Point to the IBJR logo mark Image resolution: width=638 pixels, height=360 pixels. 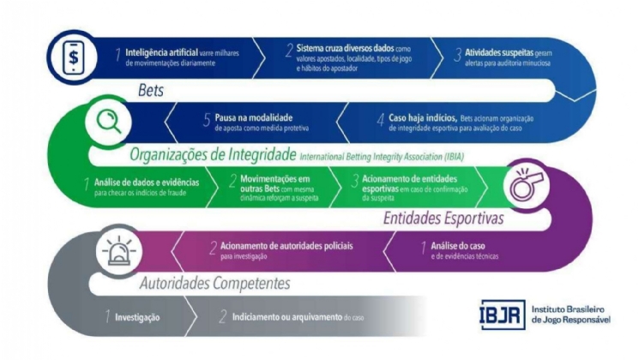(501, 313)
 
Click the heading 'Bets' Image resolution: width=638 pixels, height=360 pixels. (153, 89)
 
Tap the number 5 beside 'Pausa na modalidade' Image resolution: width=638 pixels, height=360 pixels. (207, 120)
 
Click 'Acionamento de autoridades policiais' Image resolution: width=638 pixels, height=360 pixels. (280, 245)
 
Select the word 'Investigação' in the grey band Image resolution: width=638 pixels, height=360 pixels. (137, 316)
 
